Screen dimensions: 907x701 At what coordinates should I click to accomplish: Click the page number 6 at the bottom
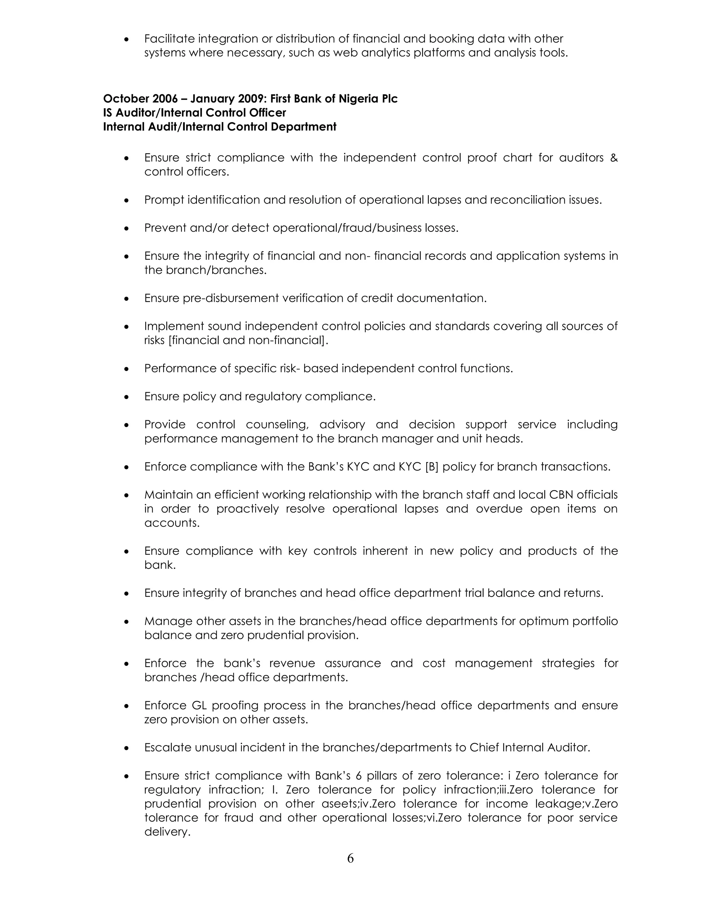point(350,858)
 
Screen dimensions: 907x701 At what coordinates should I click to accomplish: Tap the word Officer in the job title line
point(267,113)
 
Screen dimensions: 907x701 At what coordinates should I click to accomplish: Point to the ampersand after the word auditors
point(614,158)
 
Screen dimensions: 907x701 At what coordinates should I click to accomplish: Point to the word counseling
point(277,424)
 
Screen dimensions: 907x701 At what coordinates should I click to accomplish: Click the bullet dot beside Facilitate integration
point(127,39)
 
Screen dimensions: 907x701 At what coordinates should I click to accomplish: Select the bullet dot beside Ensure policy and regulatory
point(127,397)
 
